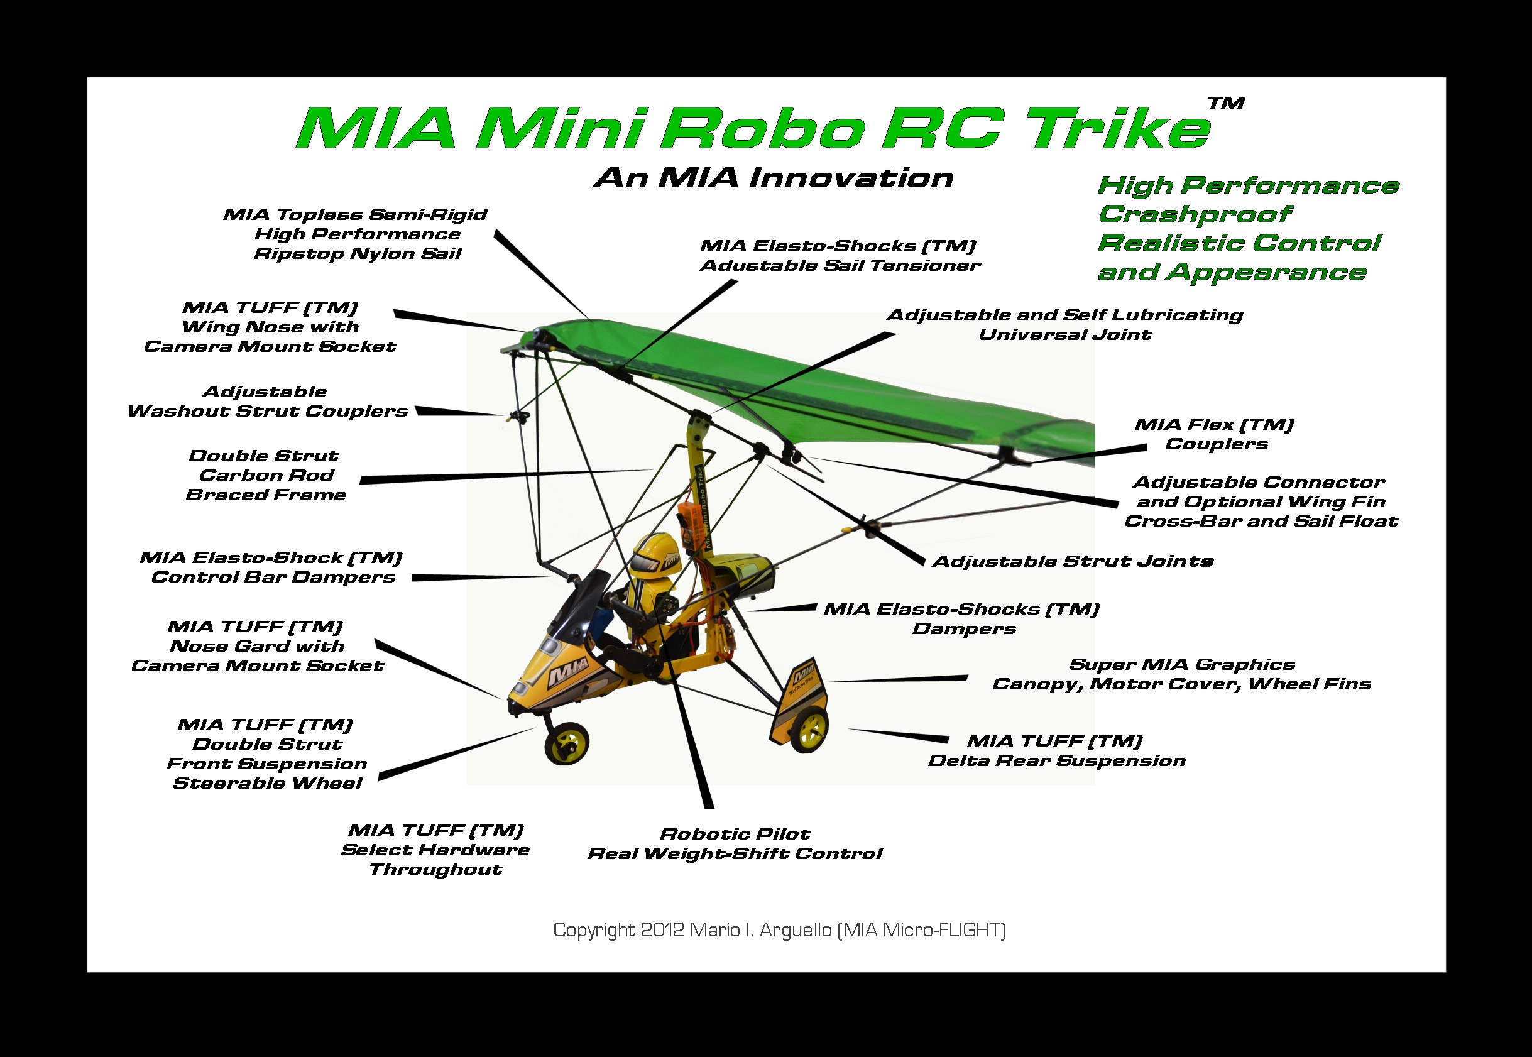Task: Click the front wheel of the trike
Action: (567, 742)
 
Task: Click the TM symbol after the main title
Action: (1226, 103)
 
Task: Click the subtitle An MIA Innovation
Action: (774, 177)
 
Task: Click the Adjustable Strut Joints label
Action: (1073, 561)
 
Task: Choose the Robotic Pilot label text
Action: (735, 834)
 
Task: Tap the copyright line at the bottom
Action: (779, 930)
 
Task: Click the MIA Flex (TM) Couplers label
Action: (1215, 434)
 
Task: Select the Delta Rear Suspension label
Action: (1057, 760)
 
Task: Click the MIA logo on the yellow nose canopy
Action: (568, 674)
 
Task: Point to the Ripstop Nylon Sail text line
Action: (358, 254)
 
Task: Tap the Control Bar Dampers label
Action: (273, 578)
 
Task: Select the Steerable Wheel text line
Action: (268, 784)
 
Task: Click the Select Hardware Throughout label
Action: (435, 850)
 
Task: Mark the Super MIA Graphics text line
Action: (1182, 664)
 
